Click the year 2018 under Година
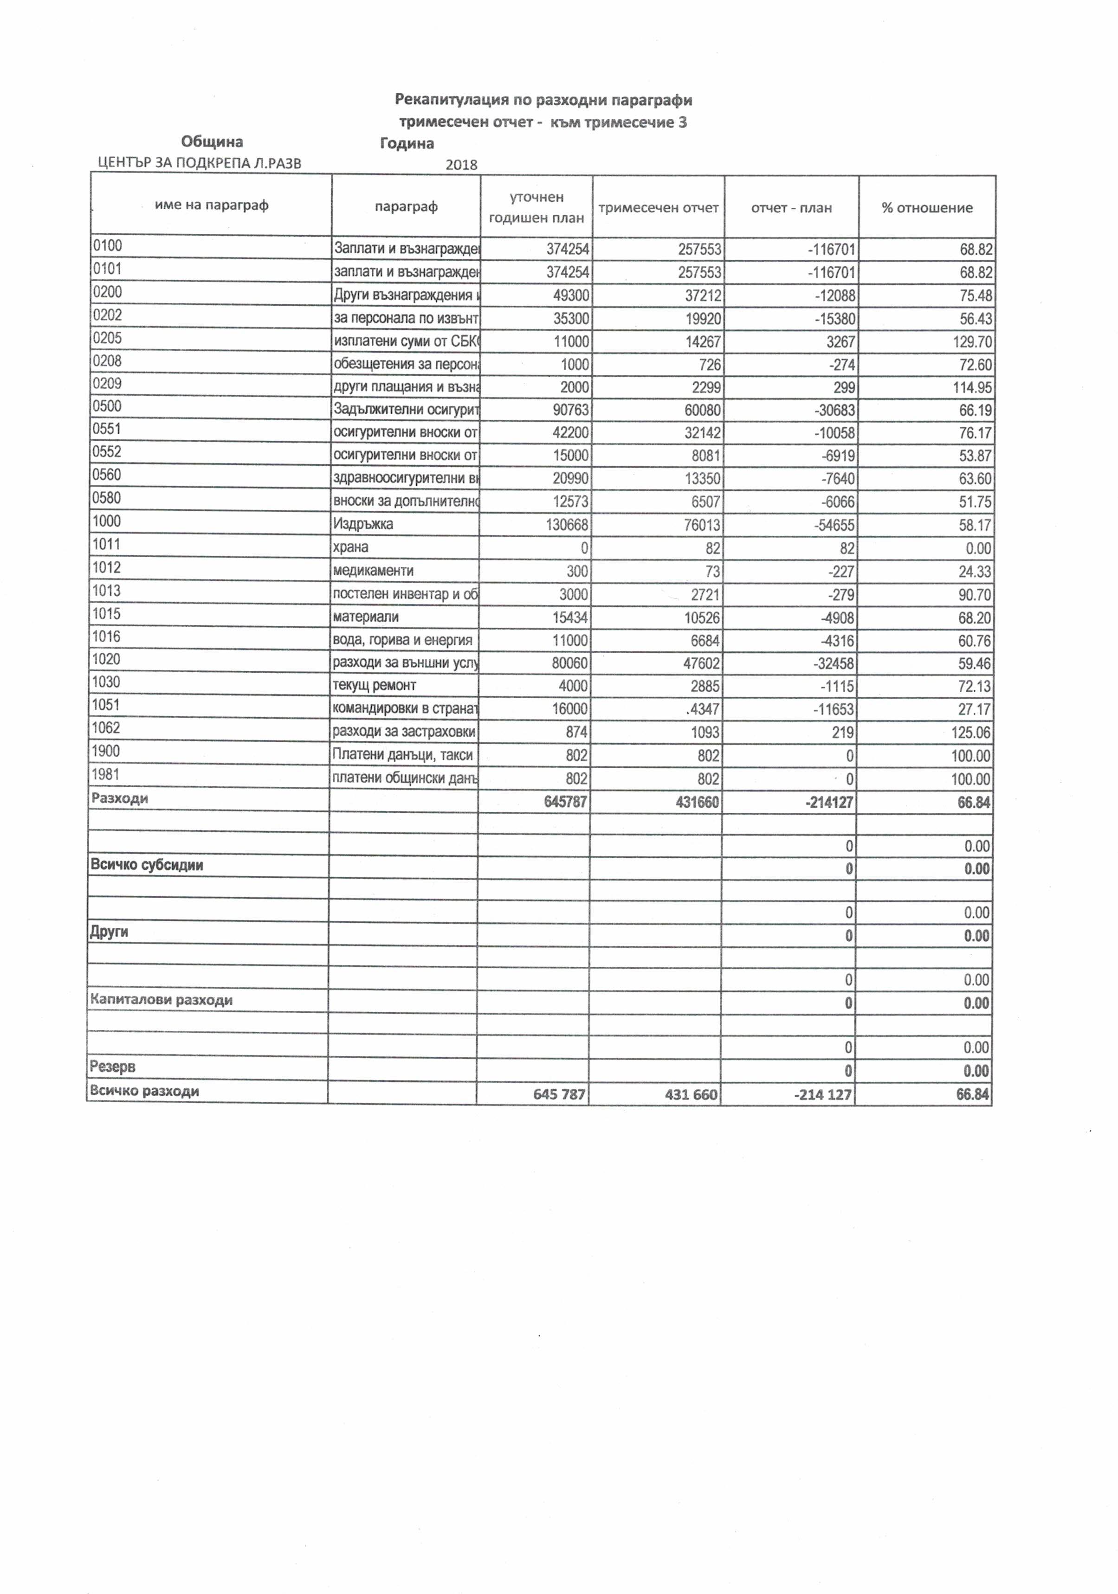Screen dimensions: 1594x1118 (461, 165)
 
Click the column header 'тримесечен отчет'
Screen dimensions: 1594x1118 (658, 207)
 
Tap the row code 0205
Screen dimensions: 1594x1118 (107, 338)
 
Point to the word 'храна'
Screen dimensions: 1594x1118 (351, 547)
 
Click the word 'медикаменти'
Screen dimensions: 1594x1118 (373, 571)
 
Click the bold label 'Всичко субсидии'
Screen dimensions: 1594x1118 (147, 866)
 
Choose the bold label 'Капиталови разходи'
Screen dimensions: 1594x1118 (161, 1000)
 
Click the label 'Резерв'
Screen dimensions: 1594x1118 (112, 1067)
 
